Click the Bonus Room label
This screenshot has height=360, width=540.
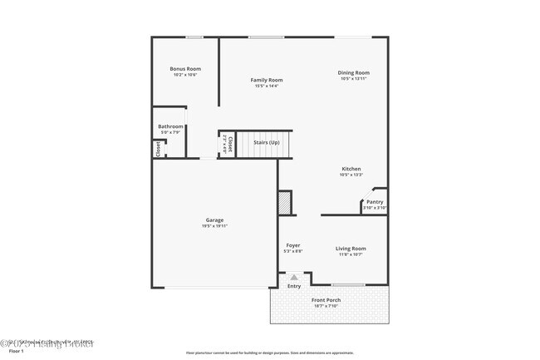[185, 69]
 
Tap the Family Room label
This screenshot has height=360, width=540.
[267, 81]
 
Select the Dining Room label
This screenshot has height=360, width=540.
[355, 73]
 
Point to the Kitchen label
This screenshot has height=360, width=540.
[351, 169]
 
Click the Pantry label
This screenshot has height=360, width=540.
[376, 201]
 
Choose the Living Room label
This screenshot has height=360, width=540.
[351, 248]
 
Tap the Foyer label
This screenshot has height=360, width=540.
[293, 245]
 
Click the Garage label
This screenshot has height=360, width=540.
[215, 220]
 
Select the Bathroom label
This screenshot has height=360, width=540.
[171, 126]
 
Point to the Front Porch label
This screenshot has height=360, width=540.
[326, 300]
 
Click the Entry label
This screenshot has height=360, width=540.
[294, 287]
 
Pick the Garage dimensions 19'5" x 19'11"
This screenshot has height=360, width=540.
[215, 226]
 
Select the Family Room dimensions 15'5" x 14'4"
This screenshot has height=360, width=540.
[267, 86]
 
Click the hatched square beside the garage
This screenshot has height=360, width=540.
[285, 202]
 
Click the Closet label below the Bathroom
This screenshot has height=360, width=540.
[157, 149]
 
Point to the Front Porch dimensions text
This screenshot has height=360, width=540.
[326, 306]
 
